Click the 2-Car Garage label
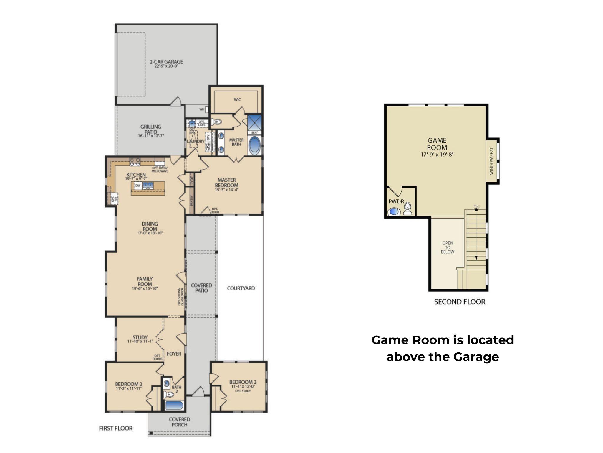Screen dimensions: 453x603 pos(166,62)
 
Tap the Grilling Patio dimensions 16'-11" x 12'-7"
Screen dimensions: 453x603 pos(151,136)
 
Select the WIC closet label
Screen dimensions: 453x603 pos(237,100)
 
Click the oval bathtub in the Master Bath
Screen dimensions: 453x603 pos(254,145)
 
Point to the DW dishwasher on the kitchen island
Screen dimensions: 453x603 pos(138,186)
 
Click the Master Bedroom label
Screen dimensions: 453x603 pos(227,183)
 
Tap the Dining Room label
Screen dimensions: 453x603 pos(150,226)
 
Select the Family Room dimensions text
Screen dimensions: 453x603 pos(145,289)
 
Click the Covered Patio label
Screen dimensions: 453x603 pos(201,288)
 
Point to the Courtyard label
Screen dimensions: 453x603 pos(241,288)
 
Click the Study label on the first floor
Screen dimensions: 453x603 pos(140,337)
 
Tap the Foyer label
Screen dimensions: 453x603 pos(174,354)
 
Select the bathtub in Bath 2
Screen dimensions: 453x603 pos(174,405)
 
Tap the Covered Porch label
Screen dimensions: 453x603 pos(179,422)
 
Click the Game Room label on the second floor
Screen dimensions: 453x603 pos(437,144)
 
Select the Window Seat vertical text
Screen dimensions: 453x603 pos(491,161)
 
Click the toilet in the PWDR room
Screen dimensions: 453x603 pos(407,209)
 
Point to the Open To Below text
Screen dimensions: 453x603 pos(448,247)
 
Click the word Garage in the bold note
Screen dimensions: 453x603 pos(476,357)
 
